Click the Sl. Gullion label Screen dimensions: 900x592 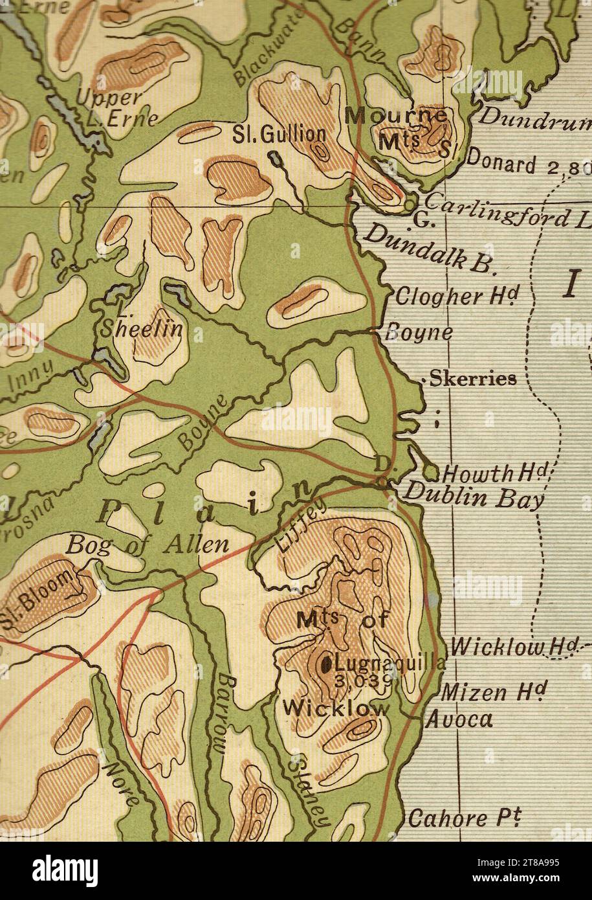[x=280, y=135]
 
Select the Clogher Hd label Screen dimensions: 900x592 [x=457, y=297]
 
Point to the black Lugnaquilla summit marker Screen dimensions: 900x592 [x=326, y=662]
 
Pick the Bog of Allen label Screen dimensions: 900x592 [x=148, y=545]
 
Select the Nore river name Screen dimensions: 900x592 [x=121, y=783]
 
